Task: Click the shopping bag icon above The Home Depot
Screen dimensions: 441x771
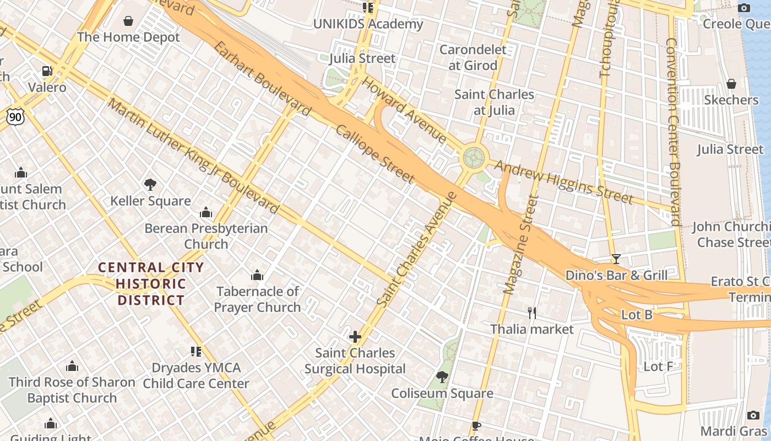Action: click(x=128, y=21)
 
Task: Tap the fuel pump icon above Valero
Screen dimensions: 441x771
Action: click(x=47, y=71)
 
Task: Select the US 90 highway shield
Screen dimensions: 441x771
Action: click(x=15, y=116)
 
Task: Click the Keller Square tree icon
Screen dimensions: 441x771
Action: click(x=150, y=185)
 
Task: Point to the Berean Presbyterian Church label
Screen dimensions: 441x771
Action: click(x=206, y=235)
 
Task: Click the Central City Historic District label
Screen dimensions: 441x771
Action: click(x=151, y=284)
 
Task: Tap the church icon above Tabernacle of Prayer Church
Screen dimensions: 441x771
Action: click(x=257, y=275)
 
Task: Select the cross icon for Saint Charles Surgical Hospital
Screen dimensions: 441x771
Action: click(x=355, y=336)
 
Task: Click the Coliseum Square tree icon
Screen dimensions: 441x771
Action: click(x=442, y=377)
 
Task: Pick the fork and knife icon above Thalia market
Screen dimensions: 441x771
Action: click(x=532, y=313)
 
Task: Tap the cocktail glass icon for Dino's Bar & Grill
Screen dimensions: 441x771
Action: click(x=616, y=259)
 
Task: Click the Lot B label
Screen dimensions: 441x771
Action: click(x=637, y=315)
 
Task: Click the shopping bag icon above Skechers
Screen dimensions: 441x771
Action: click(x=731, y=84)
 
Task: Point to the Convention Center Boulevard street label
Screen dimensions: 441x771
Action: click(x=673, y=132)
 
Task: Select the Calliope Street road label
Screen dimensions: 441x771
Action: click(x=375, y=154)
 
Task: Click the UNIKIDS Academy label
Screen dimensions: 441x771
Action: click(x=368, y=24)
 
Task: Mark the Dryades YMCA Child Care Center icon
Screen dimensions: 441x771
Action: click(x=196, y=351)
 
